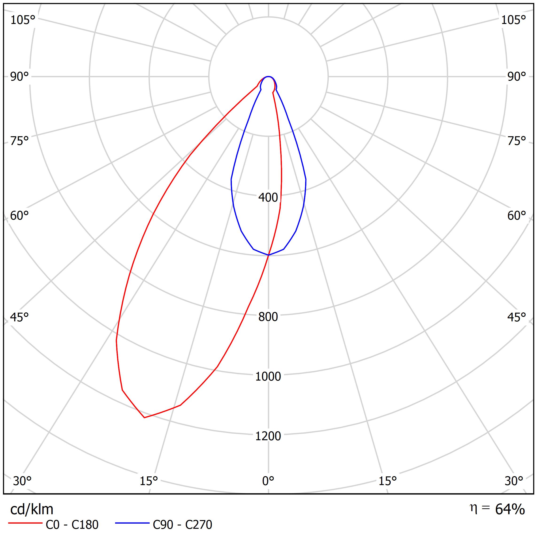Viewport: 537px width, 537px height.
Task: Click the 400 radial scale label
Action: [268, 198]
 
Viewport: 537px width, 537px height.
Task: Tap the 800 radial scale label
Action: [268, 317]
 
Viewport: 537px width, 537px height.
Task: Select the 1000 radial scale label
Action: [268, 376]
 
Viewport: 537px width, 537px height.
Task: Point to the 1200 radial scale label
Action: [268, 436]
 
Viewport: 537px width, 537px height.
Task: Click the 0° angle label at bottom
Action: [268, 481]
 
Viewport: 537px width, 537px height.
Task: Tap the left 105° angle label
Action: [23, 20]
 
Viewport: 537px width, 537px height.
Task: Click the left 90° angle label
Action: [19, 77]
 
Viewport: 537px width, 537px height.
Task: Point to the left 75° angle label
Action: [19, 141]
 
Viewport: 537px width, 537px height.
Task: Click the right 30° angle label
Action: [514, 481]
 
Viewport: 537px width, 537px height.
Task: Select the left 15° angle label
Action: [149, 481]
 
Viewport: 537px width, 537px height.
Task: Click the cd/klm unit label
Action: [32, 510]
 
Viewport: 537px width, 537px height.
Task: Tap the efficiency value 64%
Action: [510, 509]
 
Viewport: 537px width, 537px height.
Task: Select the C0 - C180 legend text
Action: [72, 525]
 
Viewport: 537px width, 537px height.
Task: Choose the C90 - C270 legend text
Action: [182, 525]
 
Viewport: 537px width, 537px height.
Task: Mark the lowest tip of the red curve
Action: [144, 417]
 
